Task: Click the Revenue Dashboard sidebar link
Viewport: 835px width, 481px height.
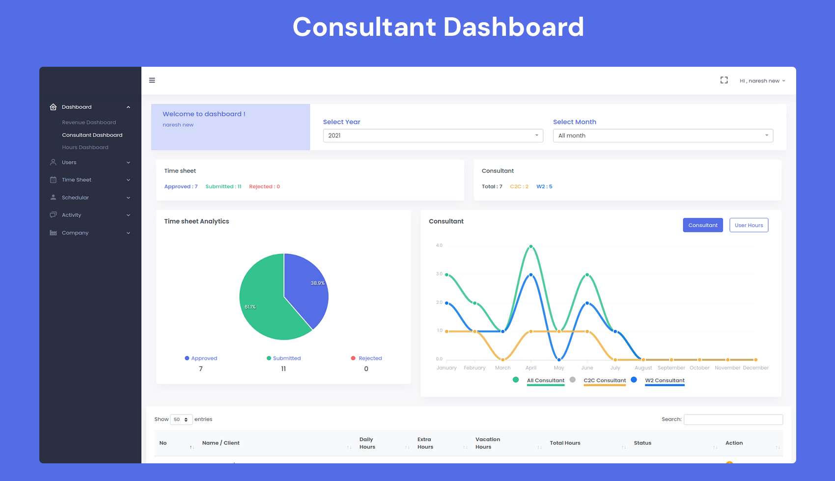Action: [89, 122]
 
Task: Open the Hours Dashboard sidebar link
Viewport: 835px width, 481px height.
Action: [85, 147]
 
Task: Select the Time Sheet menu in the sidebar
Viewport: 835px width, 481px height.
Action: [77, 180]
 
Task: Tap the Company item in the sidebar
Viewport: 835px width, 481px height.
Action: [75, 233]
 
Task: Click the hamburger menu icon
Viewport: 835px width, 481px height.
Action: [152, 80]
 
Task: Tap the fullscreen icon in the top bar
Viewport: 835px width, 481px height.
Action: [724, 80]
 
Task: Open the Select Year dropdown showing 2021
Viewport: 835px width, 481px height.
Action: [433, 135]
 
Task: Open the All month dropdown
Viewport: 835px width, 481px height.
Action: [663, 135]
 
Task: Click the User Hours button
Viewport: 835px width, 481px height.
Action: [749, 225]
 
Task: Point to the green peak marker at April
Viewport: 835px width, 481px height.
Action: [531, 246]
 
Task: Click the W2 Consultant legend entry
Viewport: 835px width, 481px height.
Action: [664, 380]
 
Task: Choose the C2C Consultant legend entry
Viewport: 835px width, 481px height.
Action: [604, 380]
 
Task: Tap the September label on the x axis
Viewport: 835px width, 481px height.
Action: [671, 368]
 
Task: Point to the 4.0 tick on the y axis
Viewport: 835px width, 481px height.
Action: [439, 245]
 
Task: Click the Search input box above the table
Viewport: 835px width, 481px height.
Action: [733, 419]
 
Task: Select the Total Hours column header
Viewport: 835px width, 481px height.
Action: [565, 443]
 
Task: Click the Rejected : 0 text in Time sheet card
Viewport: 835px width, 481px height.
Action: [264, 187]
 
